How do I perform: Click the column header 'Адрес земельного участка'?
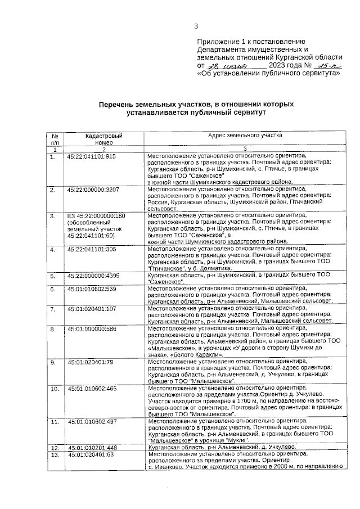click(x=245, y=136)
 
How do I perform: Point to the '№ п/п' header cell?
click(x=55, y=139)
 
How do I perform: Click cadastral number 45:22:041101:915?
click(x=92, y=156)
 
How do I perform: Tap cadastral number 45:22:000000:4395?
click(x=93, y=276)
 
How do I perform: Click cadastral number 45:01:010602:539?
click(x=92, y=289)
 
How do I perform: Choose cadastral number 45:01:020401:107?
click(x=92, y=309)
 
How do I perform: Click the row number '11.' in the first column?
click(x=55, y=421)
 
